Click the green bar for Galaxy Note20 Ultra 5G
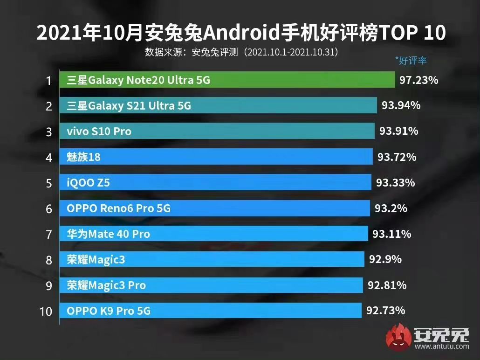point(227,80)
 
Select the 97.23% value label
point(418,80)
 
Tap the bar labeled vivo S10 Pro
point(217,132)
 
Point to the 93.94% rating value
point(401,106)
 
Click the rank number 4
point(48,157)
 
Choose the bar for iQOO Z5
point(215,183)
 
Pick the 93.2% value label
point(391,208)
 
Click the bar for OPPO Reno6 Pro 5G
point(214,208)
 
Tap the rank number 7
point(48,234)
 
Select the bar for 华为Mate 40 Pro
point(213,234)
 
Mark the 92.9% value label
point(385,259)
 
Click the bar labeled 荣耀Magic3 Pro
point(211,285)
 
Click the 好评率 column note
point(411,61)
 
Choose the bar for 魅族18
point(216,157)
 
